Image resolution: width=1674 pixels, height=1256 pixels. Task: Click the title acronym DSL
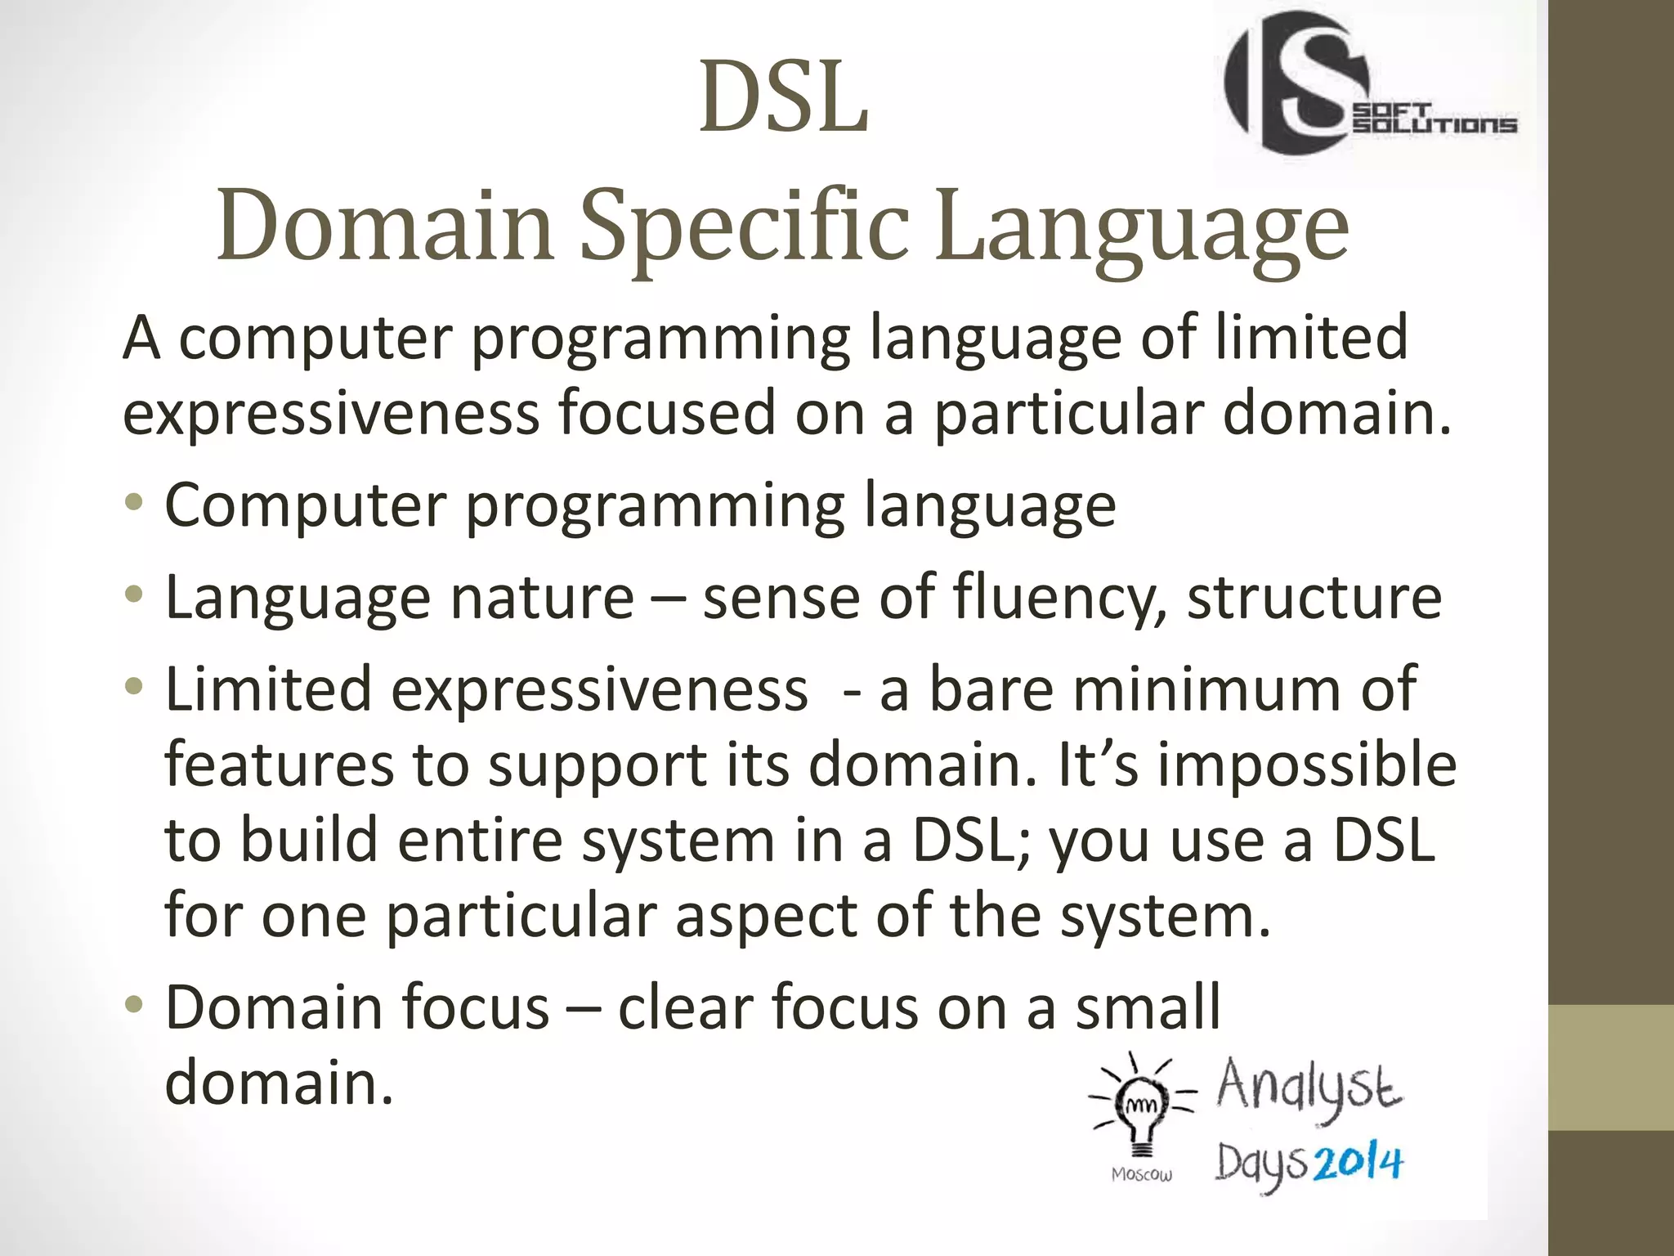click(783, 98)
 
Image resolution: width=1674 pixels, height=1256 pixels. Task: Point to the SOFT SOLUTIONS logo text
click(1435, 119)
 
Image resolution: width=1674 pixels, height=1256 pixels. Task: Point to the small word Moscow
click(1142, 1175)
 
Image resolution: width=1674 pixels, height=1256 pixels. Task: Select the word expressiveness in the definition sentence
click(331, 414)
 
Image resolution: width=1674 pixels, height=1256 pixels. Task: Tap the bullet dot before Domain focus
click(134, 1003)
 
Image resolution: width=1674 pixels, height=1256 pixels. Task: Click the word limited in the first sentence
click(1311, 337)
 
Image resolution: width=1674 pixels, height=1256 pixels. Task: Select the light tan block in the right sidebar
click(1611, 1068)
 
